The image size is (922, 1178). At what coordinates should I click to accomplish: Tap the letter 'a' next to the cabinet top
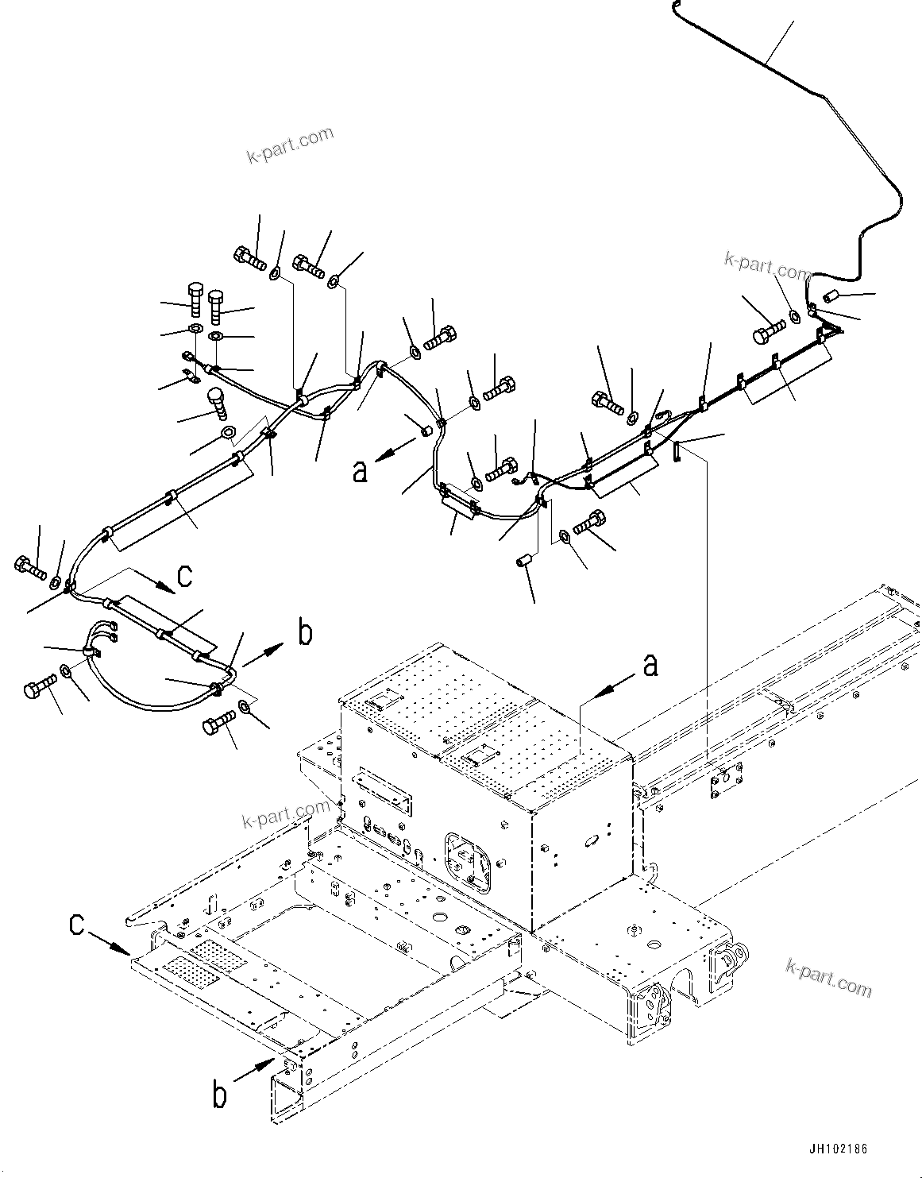click(x=650, y=665)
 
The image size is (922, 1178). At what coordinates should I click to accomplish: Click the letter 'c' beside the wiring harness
click(x=184, y=575)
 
